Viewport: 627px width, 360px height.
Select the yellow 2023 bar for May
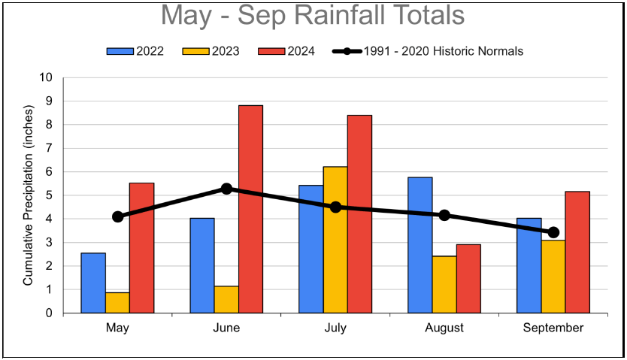pyautogui.click(x=117, y=303)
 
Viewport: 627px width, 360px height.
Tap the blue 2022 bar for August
pyautogui.click(x=420, y=245)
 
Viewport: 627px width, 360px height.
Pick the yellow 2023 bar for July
pyautogui.click(x=335, y=240)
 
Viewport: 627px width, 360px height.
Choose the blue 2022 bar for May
pyautogui.click(x=93, y=283)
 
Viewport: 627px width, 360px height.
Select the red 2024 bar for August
pyautogui.click(x=468, y=278)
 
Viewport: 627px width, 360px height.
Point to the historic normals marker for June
pyautogui.click(x=226, y=189)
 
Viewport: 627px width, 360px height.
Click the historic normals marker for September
pyautogui.click(x=553, y=232)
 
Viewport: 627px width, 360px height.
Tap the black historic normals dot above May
pyautogui.click(x=117, y=216)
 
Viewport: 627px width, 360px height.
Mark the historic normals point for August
pyautogui.click(x=444, y=215)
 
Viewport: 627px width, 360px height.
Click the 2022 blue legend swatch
pyautogui.click(x=120, y=51)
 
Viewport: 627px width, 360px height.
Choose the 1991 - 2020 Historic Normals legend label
pyautogui.click(x=443, y=51)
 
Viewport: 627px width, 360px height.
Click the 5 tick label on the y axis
pyautogui.click(x=50, y=195)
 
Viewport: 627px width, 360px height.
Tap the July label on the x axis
pyautogui.click(x=335, y=328)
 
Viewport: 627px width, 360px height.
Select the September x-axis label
pyautogui.click(x=553, y=328)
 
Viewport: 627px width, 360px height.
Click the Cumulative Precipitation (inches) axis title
pyautogui.click(x=28, y=195)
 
